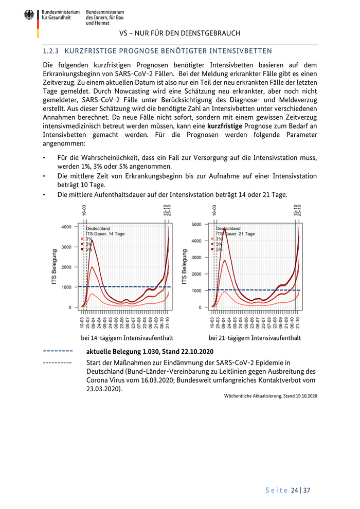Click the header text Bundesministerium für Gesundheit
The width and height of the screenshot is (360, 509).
(x=61, y=14)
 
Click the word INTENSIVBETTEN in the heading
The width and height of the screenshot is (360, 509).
(x=242, y=52)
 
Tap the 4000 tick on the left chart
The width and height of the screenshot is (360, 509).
(x=65, y=227)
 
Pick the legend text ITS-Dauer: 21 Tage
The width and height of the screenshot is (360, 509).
(x=236, y=234)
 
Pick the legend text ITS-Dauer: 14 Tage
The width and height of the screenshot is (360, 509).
(x=105, y=234)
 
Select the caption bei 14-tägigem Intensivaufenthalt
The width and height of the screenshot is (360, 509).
(x=127, y=338)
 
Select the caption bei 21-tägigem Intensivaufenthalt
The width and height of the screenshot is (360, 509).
(x=255, y=338)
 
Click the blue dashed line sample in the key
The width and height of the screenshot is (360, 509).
(x=57, y=352)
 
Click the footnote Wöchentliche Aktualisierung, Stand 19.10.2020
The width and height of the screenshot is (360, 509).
(x=271, y=396)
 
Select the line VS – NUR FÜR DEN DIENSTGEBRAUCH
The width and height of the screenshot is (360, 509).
(x=179, y=33)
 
